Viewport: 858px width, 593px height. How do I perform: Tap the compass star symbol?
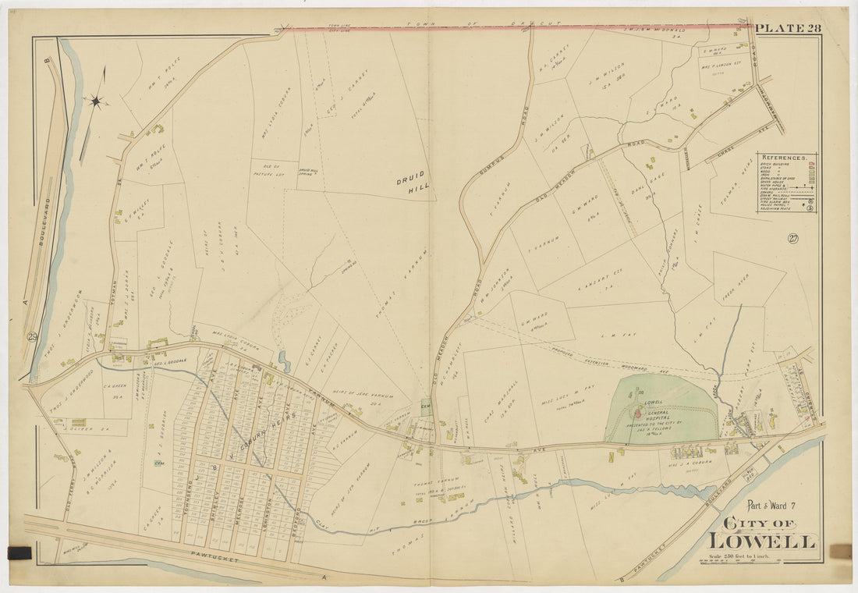(x=96, y=101)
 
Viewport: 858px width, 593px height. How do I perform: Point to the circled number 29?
(x=32, y=336)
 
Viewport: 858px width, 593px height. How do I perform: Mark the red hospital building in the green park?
(x=637, y=413)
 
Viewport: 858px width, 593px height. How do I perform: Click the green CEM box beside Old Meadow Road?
(x=426, y=404)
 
